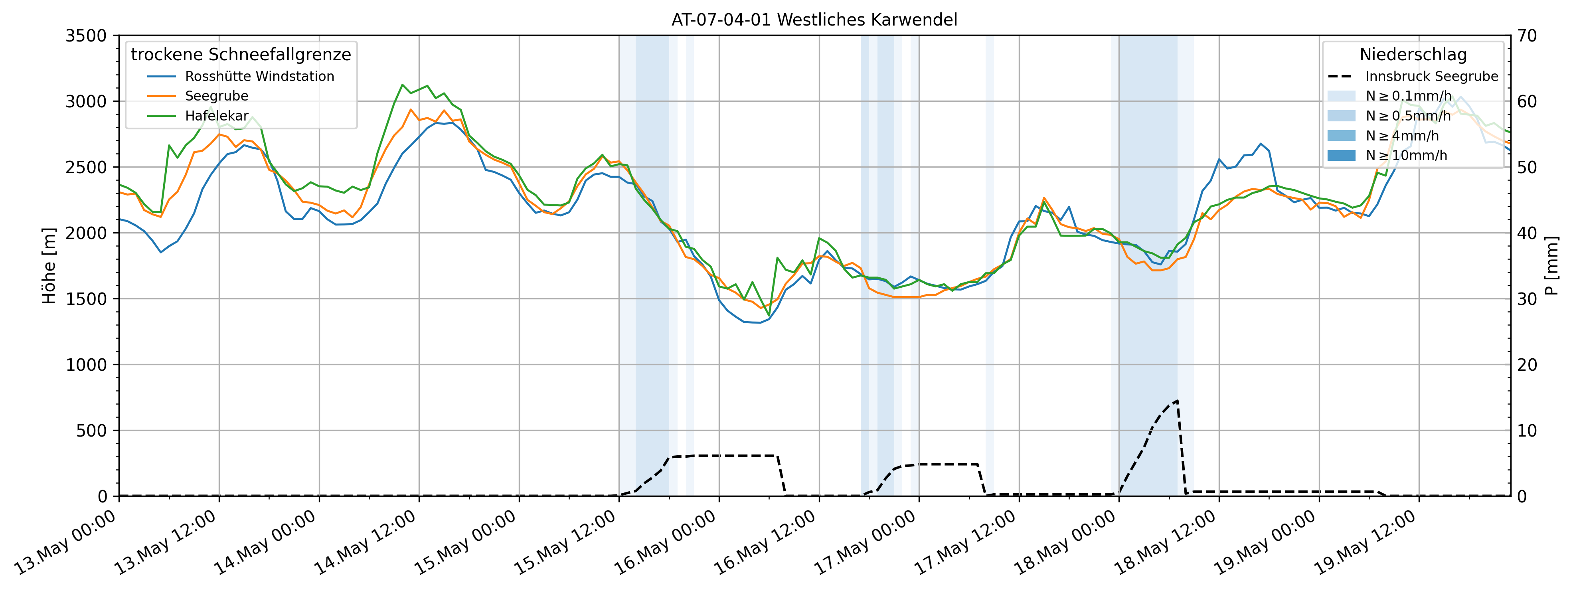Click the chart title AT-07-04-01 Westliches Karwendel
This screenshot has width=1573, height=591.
[x=814, y=20]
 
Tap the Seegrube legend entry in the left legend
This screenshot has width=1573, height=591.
[x=216, y=96]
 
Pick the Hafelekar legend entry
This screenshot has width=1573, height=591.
[x=217, y=116]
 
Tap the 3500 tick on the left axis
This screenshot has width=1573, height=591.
[x=86, y=36]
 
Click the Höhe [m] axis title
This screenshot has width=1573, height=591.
[x=49, y=266]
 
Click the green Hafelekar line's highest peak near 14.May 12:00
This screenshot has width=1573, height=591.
[x=402, y=85]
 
